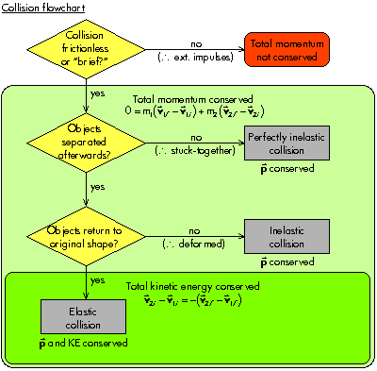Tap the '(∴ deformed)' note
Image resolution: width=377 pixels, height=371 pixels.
[x=192, y=243]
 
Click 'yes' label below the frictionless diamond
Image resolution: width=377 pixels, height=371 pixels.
[x=97, y=94]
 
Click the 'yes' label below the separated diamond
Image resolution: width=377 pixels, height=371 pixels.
[x=97, y=187]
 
